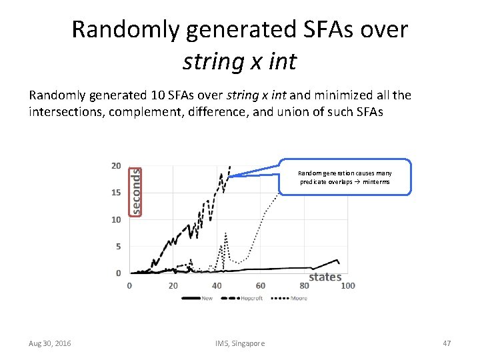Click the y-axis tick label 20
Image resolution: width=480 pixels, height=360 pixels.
pyautogui.click(x=115, y=166)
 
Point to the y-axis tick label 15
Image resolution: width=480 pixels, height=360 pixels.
pyautogui.click(x=115, y=193)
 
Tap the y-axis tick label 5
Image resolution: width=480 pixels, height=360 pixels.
pyautogui.click(x=118, y=246)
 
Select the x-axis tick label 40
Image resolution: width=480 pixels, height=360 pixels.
pyautogui.click(x=217, y=285)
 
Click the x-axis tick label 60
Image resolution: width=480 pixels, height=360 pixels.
pyautogui.click(x=260, y=285)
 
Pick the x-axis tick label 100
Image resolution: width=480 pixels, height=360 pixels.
pyautogui.click(x=347, y=285)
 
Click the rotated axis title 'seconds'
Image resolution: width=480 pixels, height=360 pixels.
pyautogui.click(x=135, y=190)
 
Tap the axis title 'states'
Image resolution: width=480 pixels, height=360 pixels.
pyautogui.click(x=325, y=277)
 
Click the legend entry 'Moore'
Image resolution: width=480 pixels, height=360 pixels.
pyautogui.click(x=299, y=298)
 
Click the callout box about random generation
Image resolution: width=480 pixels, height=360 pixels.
pyautogui.click(x=345, y=177)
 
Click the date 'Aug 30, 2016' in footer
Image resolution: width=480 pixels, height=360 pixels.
pyautogui.click(x=50, y=343)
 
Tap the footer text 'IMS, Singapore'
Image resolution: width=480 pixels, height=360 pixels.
pyautogui.click(x=240, y=343)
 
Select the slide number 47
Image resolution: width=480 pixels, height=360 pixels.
pyautogui.click(x=447, y=343)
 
